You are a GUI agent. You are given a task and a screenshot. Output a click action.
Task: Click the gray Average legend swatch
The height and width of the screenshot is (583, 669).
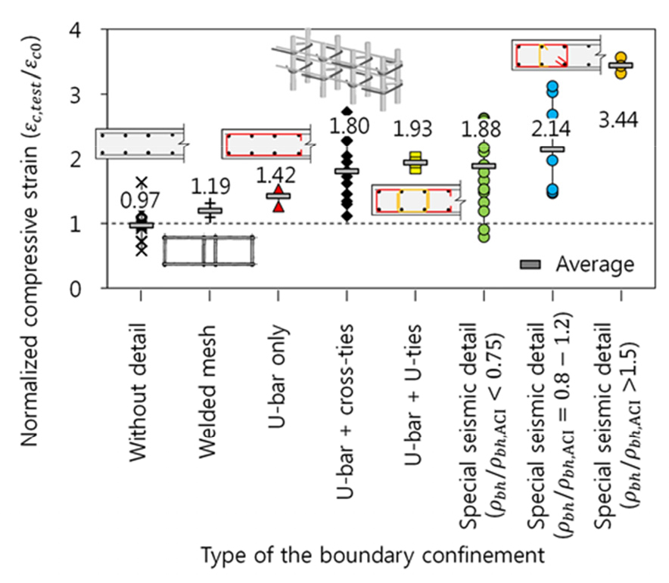pyautogui.click(x=532, y=264)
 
